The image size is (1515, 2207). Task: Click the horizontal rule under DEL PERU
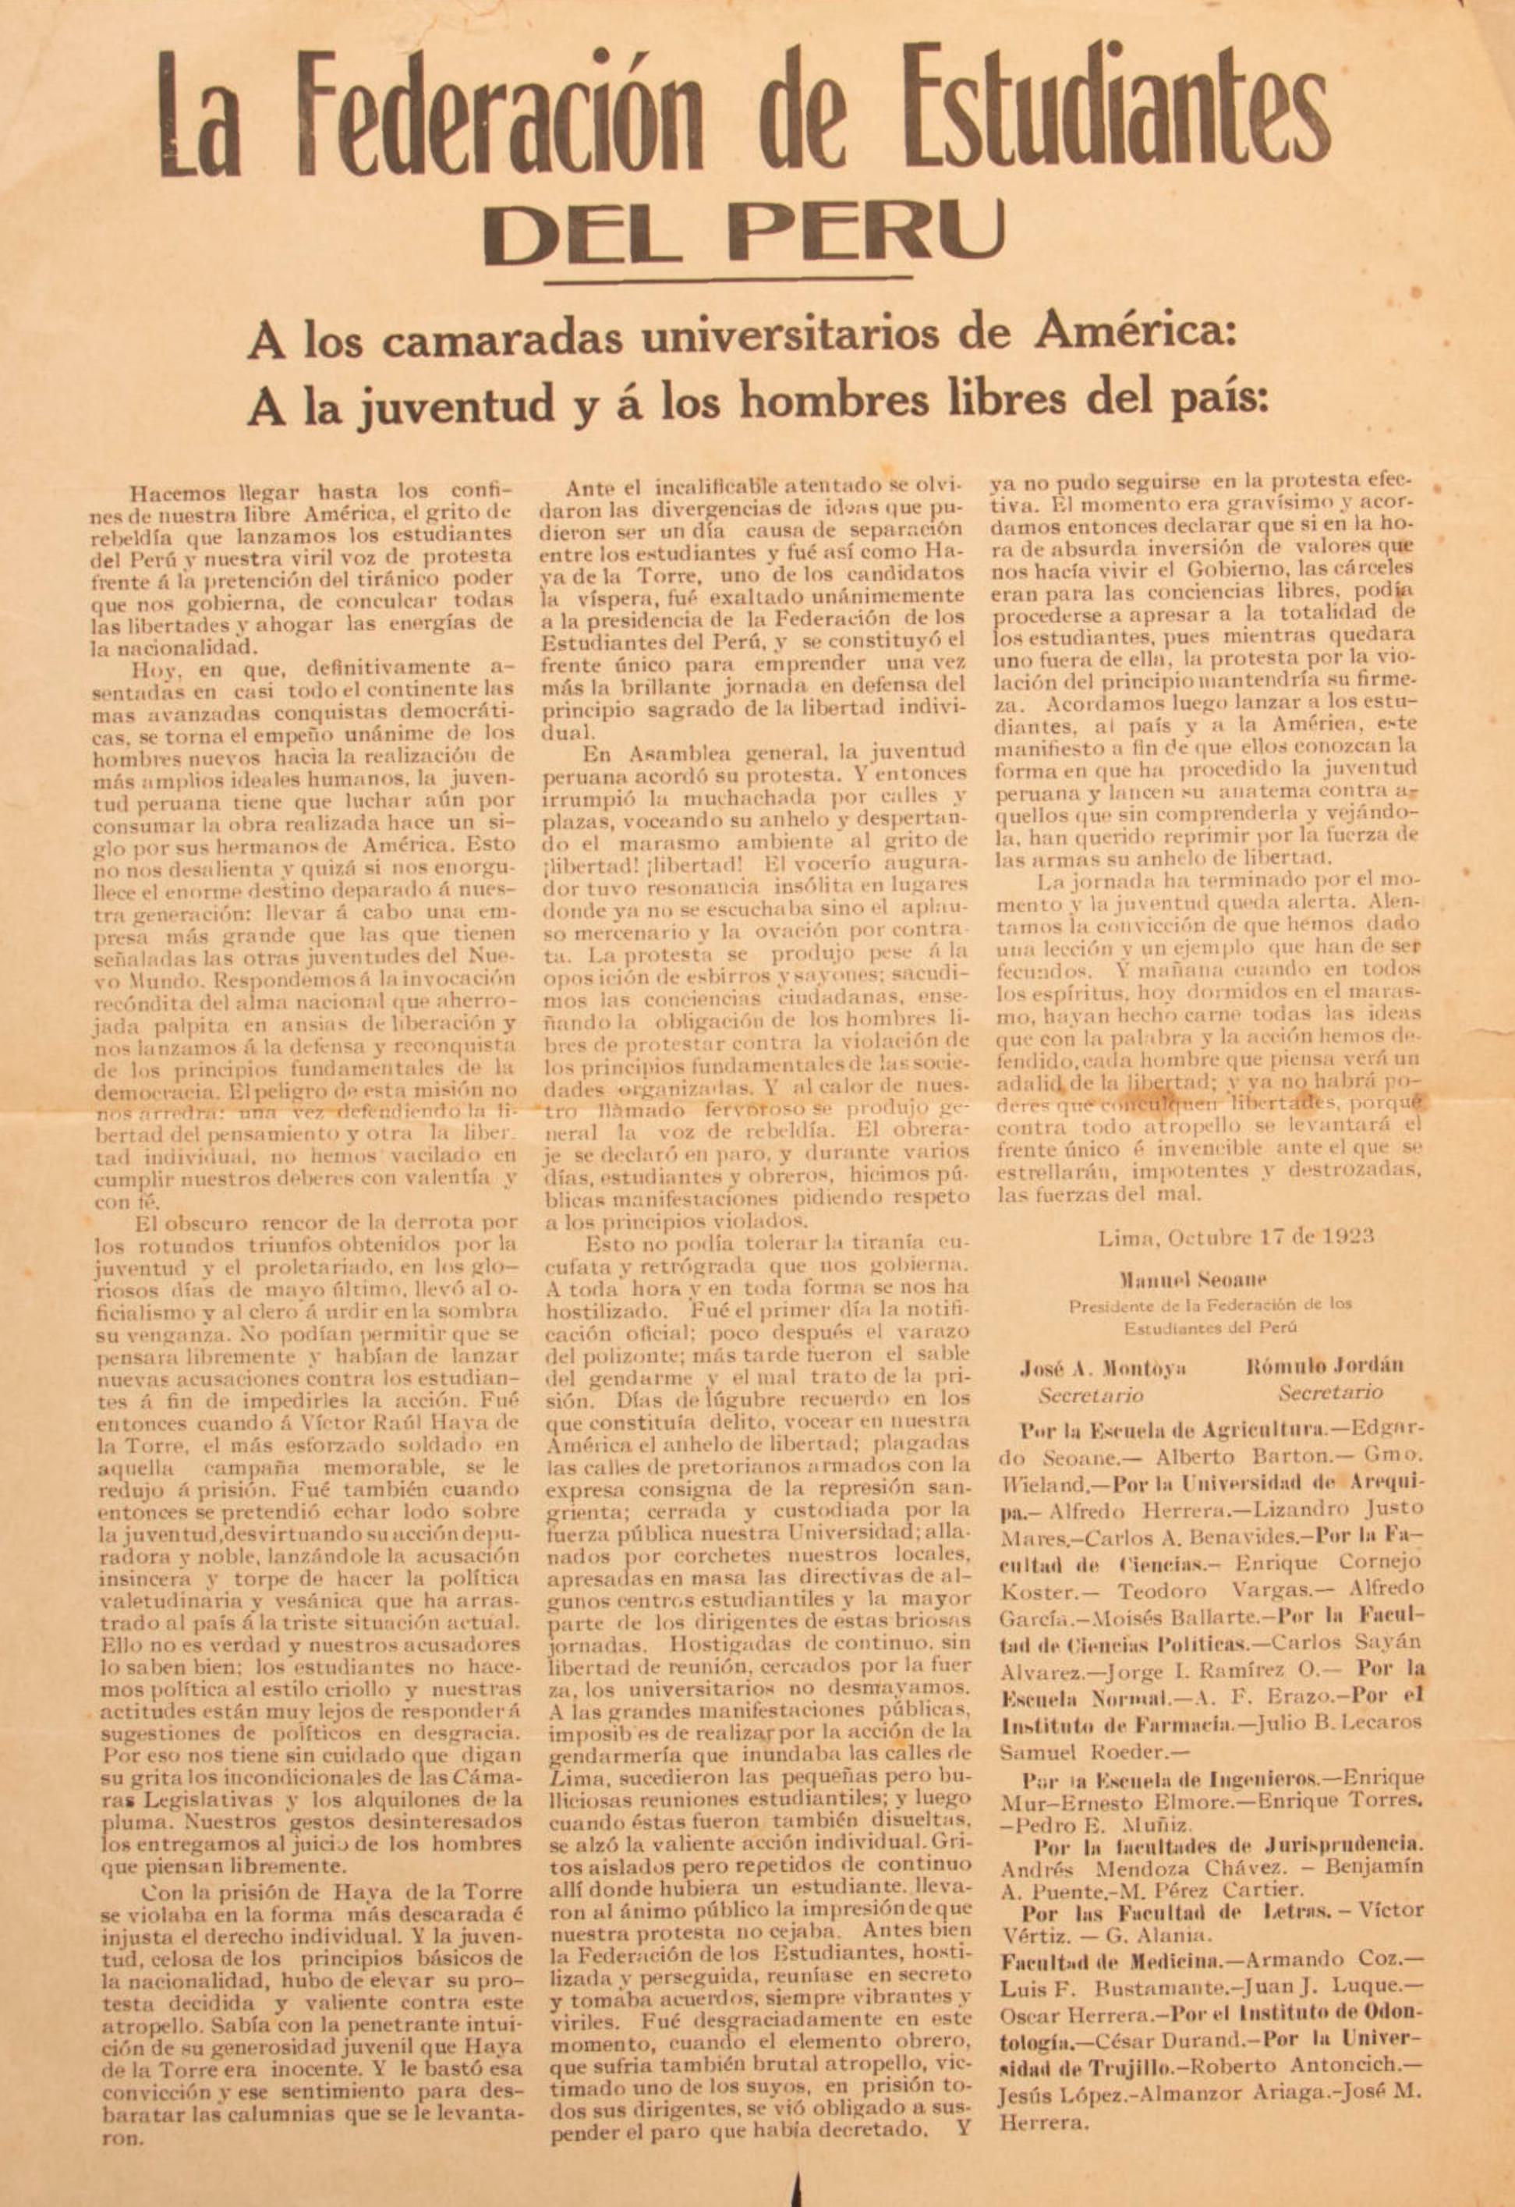pos(728,278)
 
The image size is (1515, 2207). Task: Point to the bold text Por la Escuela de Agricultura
pos(1158,1431)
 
